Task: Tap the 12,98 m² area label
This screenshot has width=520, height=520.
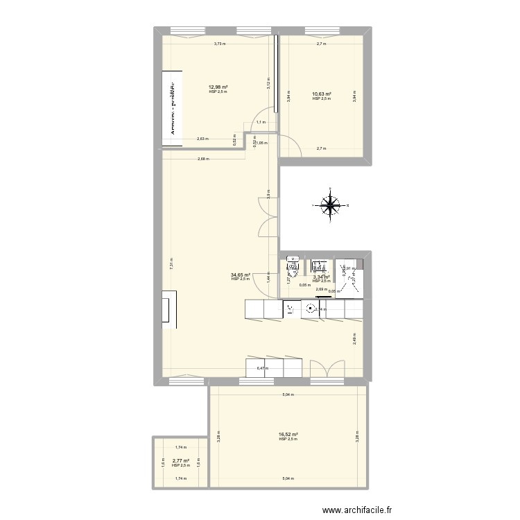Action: tap(218, 87)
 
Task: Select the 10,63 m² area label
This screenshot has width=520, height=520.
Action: tap(322, 94)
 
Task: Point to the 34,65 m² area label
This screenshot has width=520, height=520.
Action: tap(241, 275)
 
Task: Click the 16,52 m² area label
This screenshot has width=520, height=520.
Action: tap(288, 434)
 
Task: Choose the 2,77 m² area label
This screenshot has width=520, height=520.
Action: tap(180, 460)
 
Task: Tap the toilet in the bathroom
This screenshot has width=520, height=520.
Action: tap(291, 266)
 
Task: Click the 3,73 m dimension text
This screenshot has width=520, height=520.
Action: tap(219, 44)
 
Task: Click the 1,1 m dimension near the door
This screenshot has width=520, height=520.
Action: tap(260, 122)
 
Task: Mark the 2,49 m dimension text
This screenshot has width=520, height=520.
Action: tap(355, 338)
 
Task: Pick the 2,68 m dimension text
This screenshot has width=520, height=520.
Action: tap(203, 159)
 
